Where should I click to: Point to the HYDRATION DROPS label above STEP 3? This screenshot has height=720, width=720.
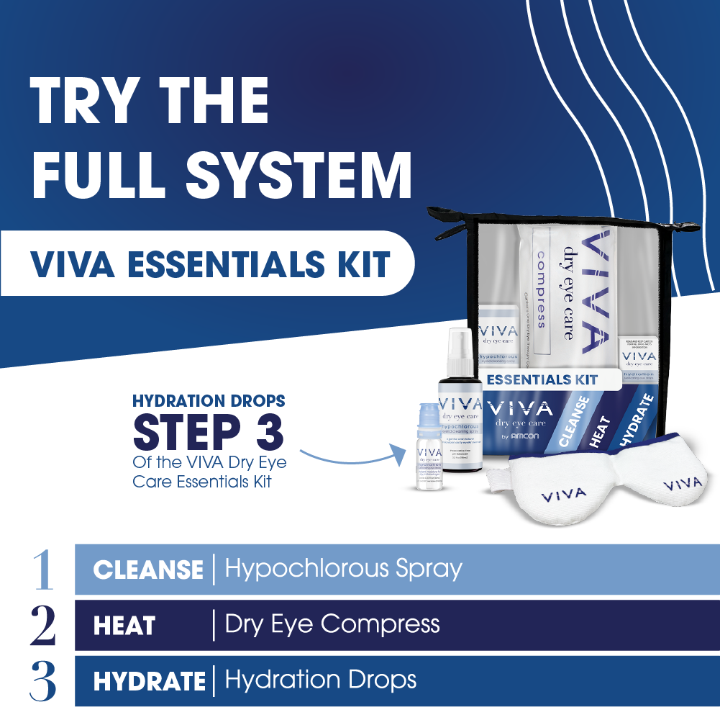[x=209, y=400]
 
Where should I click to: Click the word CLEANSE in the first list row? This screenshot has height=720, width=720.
[x=147, y=570]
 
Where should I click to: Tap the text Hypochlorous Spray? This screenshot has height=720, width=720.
[x=343, y=570]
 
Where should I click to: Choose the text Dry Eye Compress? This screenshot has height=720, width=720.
[x=332, y=624]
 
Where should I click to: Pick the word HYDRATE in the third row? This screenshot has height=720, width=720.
[x=149, y=681]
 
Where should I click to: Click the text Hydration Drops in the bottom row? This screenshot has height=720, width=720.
[x=320, y=680]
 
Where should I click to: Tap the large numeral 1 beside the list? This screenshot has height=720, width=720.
[x=43, y=569]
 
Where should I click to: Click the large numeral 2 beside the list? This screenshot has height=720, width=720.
[x=43, y=625]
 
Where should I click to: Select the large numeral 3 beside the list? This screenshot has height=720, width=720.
[x=43, y=681]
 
